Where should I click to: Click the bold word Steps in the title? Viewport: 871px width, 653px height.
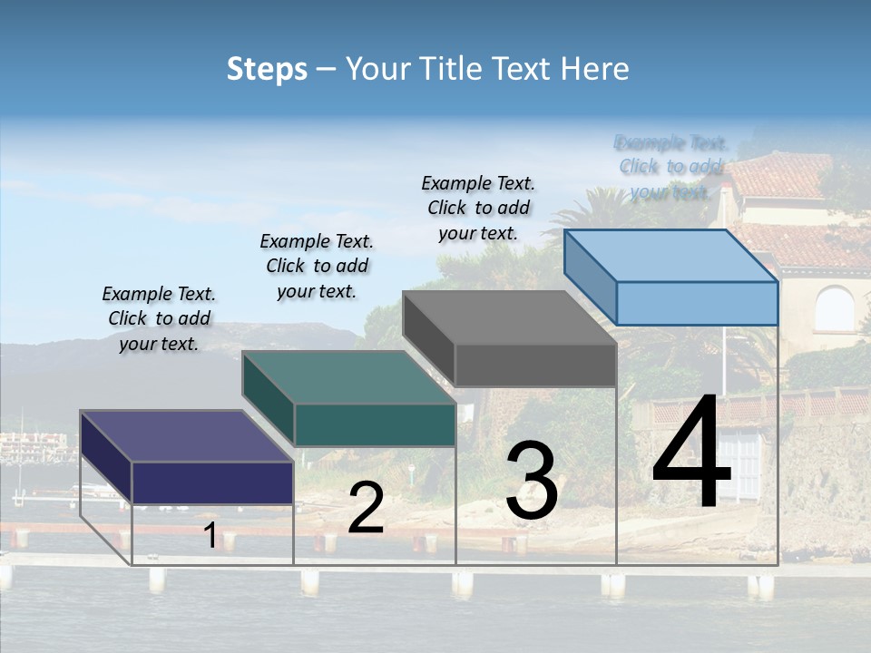[267, 69]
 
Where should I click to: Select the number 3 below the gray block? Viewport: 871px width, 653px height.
[531, 481]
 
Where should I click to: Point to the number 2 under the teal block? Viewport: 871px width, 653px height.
[366, 508]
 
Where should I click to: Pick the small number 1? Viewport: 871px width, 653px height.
[210, 536]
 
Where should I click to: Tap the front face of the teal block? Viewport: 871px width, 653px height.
[375, 424]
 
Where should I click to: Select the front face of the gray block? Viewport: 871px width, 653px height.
[535, 365]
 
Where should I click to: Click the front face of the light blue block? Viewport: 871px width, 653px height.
[696, 303]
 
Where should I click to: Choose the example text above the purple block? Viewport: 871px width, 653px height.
[159, 318]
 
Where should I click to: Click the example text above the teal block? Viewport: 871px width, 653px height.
[317, 266]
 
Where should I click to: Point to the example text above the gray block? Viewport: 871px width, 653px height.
[478, 208]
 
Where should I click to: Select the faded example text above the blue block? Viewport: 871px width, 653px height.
[670, 167]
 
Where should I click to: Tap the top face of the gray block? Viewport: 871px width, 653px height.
[509, 317]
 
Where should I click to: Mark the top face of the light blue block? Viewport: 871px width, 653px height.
[670, 255]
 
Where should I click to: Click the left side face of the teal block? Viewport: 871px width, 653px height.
[269, 398]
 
